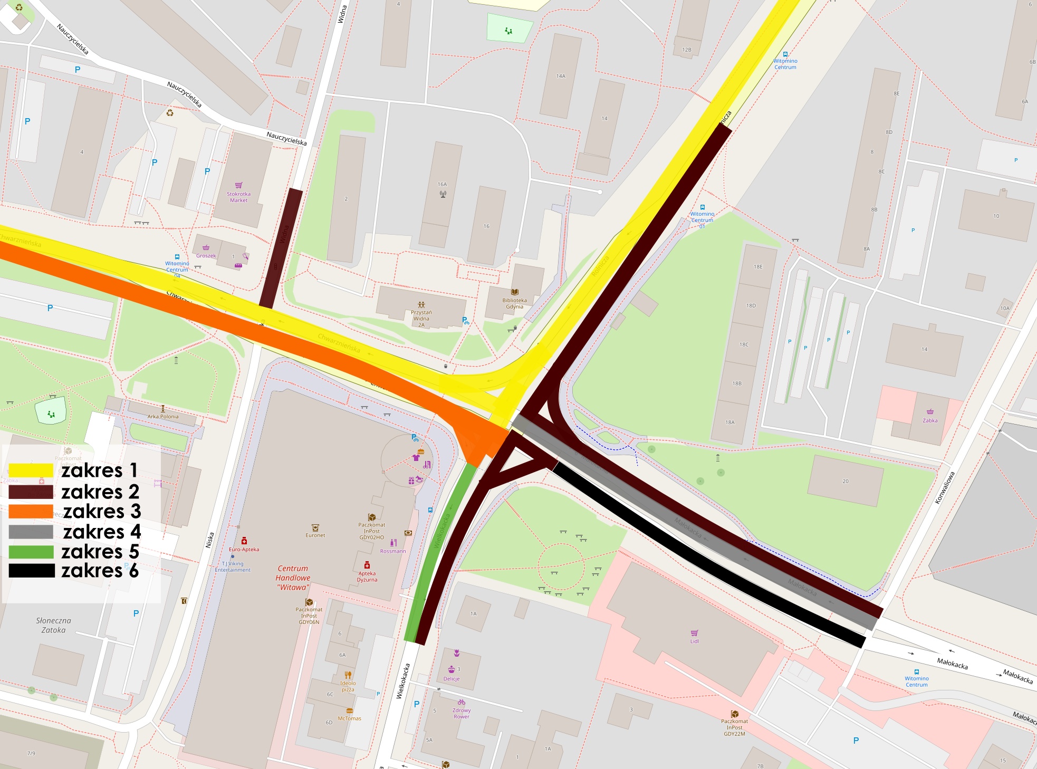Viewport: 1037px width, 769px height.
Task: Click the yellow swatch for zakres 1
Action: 31,470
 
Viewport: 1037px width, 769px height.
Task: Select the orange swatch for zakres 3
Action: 31,511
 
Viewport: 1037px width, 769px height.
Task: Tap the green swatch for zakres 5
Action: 31,552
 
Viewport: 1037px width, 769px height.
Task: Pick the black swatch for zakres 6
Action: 31,571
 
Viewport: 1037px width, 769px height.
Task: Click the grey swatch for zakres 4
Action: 31,532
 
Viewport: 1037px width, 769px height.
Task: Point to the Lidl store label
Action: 694,641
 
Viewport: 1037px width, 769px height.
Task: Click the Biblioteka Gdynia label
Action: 514,303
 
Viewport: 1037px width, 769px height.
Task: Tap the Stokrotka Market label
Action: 238,197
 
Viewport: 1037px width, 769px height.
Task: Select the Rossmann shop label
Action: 393,551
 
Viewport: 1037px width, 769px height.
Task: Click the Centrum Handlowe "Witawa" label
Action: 293,578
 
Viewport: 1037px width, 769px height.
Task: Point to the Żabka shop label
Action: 930,420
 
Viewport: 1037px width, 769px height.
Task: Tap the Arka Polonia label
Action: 163,416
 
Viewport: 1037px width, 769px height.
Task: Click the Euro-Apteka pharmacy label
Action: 244,549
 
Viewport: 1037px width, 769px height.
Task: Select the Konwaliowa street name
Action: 945,488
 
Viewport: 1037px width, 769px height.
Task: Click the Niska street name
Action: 210,540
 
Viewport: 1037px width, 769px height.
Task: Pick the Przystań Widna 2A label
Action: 421,319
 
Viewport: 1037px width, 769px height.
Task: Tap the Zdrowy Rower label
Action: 461,713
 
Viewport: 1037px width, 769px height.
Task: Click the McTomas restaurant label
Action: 349,718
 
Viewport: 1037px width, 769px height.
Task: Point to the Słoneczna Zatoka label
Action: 53,625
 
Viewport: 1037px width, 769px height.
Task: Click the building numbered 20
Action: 845,481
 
